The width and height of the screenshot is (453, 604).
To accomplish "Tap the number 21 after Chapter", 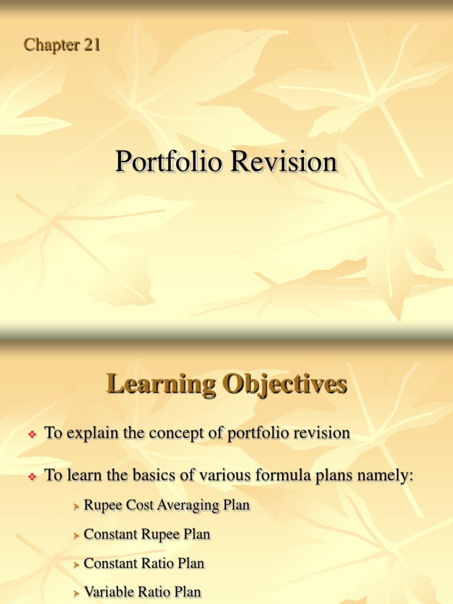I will pyautogui.click(x=91, y=45).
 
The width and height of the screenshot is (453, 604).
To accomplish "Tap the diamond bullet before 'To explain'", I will pyautogui.click(x=33, y=435).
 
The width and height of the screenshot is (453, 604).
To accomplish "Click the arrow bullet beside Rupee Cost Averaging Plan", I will pyautogui.click(x=76, y=507).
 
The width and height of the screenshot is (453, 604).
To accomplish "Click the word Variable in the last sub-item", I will pyautogui.click(x=109, y=592).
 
